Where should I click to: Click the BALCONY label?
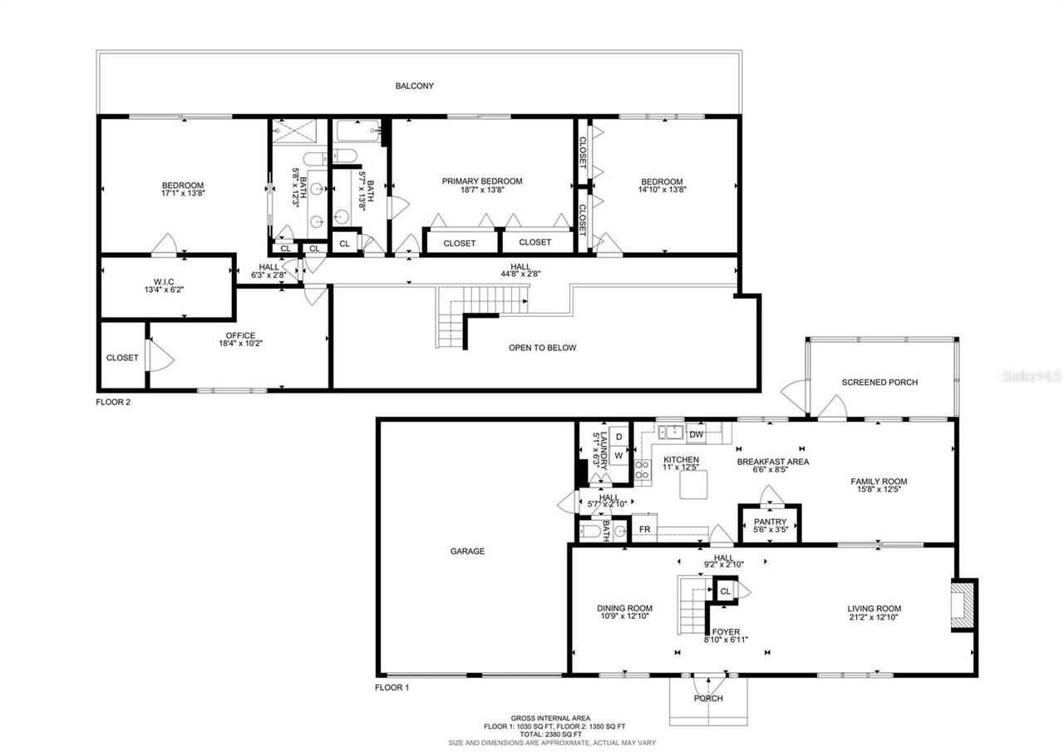click(414, 86)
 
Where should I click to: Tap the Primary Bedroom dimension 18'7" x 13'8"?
click(482, 190)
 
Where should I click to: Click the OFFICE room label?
click(240, 336)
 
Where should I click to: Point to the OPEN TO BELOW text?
click(542, 348)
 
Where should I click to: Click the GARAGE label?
click(467, 551)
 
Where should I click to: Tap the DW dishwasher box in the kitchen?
click(696, 434)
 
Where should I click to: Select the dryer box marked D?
click(618, 437)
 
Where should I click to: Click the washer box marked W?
click(618, 455)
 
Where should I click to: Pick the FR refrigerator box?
click(643, 529)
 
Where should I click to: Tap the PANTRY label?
click(770, 522)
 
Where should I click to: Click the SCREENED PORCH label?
click(879, 383)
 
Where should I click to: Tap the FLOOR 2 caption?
click(113, 402)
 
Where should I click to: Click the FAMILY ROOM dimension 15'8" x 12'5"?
click(879, 490)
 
